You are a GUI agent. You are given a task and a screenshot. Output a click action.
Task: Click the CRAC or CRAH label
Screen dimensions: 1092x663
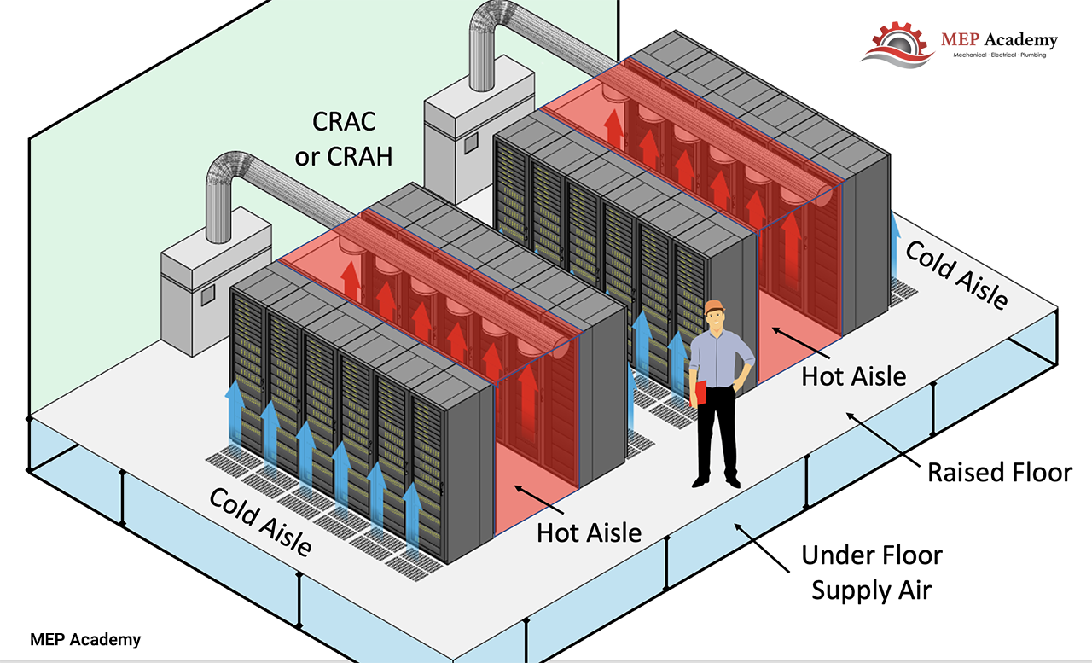pyautogui.click(x=344, y=139)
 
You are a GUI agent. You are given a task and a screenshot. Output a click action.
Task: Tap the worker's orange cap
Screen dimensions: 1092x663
pyautogui.click(x=714, y=306)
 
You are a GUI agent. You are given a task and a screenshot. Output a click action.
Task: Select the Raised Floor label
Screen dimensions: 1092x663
pyautogui.click(x=999, y=473)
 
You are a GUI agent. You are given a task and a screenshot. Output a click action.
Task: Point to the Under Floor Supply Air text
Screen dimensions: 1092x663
pyautogui.click(x=872, y=573)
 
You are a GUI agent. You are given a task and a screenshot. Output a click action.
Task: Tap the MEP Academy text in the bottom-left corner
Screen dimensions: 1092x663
pyautogui.click(x=85, y=639)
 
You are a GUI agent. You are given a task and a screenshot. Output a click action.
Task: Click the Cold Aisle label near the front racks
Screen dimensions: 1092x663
pyautogui.click(x=261, y=521)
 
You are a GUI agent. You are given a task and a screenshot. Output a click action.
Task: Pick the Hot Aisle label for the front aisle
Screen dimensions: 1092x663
pyautogui.click(x=589, y=532)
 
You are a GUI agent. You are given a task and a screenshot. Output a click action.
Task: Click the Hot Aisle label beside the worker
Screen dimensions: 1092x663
pyautogui.click(x=854, y=377)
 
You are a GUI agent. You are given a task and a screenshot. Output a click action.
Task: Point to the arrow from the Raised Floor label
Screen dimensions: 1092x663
pyautogui.click(x=883, y=440)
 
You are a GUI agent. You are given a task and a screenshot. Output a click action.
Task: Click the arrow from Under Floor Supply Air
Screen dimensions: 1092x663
pyautogui.click(x=762, y=548)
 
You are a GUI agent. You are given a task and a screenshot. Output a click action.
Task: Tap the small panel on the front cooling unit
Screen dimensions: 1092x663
pyautogui.click(x=208, y=295)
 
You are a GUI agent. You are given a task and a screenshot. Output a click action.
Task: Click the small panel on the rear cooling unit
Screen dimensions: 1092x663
pyautogui.click(x=471, y=143)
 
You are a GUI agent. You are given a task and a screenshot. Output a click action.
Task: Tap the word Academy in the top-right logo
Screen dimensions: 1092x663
pyautogui.click(x=1021, y=40)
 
